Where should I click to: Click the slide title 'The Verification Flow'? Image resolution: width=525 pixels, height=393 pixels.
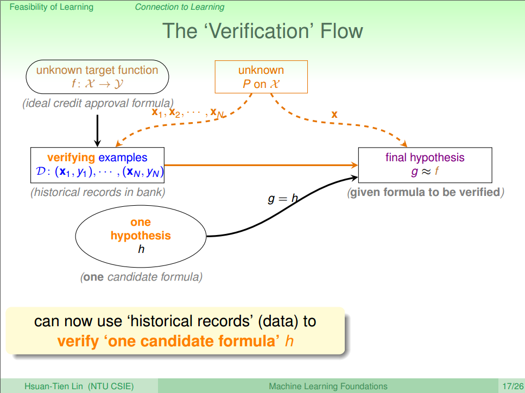click(262, 30)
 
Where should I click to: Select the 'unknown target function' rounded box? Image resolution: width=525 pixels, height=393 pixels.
click(97, 77)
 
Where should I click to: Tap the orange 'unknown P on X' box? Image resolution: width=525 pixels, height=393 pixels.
click(261, 77)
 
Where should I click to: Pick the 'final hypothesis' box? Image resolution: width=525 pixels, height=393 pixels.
click(425, 165)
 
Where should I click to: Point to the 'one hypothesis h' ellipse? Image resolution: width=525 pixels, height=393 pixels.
click(141, 236)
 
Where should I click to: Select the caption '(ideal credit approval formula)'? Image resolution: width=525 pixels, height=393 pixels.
click(98, 103)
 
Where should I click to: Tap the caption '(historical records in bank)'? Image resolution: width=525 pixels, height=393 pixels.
click(98, 192)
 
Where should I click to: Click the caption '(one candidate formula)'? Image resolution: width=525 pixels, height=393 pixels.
click(141, 277)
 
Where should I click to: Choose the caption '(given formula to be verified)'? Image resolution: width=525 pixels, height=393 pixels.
click(426, 192)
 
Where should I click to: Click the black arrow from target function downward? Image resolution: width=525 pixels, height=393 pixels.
click(97, 130)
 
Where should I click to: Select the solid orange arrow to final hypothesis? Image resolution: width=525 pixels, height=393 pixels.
click(261, 164)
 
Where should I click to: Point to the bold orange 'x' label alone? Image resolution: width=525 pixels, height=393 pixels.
click(334, 115)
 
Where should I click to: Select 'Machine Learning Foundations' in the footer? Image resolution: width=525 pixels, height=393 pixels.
click(328, 386)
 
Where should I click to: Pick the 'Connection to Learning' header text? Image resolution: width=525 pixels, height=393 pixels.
click(179, 7)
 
